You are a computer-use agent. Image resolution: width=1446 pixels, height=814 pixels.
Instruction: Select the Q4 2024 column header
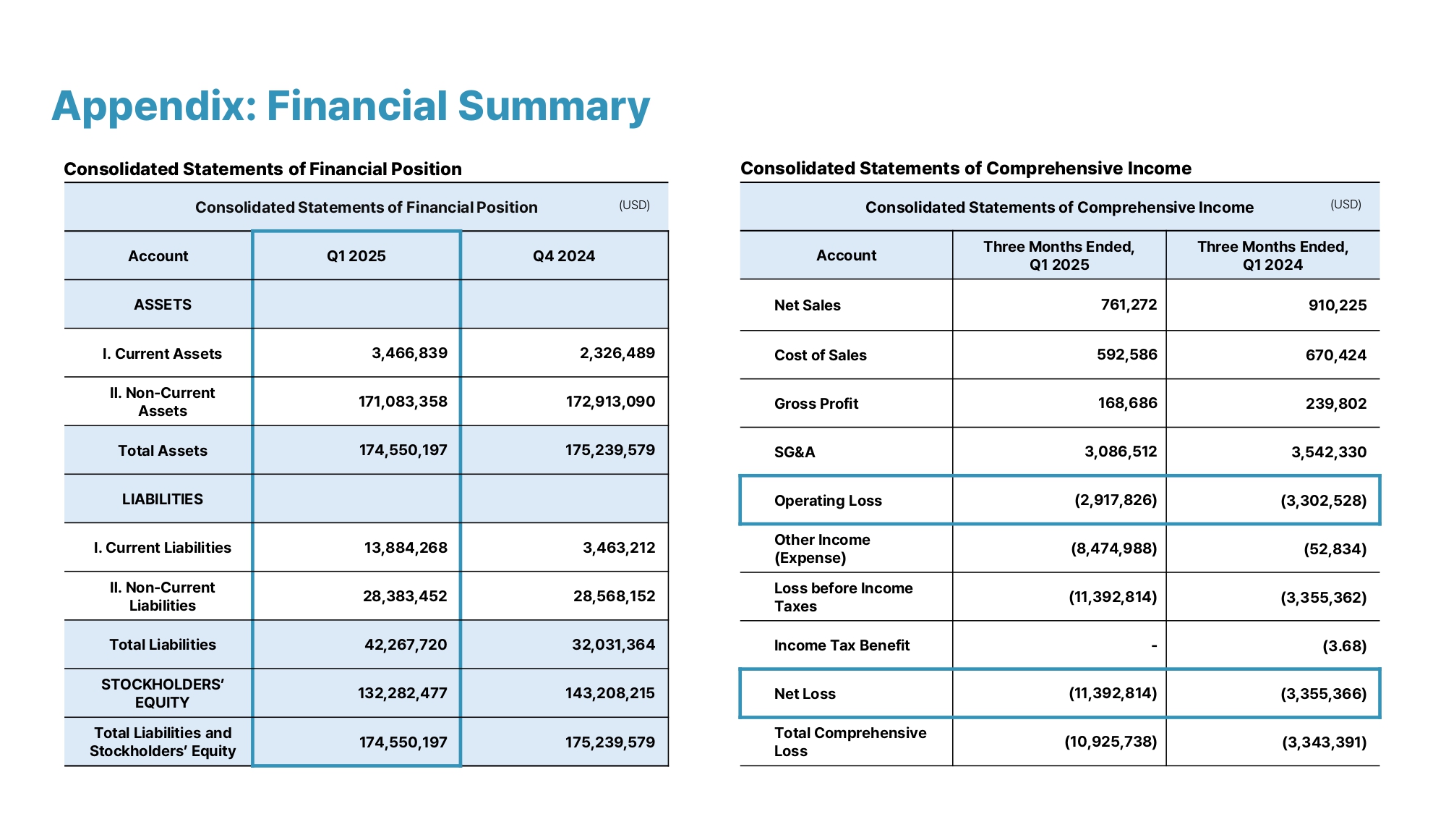(x=564, y=256)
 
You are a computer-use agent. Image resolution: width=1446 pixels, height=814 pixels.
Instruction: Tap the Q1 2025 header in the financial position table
(x=356, y=256)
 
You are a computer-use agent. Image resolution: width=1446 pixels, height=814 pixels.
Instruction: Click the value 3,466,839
(x=409, y=353)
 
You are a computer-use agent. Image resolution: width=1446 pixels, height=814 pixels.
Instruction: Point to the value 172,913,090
(x=610, y=402)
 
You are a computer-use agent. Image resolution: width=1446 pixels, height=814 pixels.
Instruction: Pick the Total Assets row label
(x=163, y=451)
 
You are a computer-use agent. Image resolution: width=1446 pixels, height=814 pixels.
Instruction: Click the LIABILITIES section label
(x=163, y=499)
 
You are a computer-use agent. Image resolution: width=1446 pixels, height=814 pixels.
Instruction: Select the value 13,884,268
(x=406, y=548)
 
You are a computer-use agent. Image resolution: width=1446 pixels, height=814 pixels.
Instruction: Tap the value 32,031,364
(x=613, y=645)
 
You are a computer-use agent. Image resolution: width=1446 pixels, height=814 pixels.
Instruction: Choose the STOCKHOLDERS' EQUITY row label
(x=163, y=693)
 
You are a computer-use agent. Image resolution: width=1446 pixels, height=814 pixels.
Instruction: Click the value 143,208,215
(x=610, y=693)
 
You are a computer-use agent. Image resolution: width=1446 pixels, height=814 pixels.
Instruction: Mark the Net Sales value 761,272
(x=1129, y=305)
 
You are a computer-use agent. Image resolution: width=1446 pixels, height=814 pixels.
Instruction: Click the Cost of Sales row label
(x=820, y=355)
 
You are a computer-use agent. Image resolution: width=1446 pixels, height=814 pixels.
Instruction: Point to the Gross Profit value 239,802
(x=1336, y=404)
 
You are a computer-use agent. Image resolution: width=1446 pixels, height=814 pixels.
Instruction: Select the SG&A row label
(x=795, y=452)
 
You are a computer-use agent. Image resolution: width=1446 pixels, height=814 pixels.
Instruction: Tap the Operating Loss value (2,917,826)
(x=1116, y=500)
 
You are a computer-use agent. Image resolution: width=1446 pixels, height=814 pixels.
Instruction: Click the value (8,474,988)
(x=1113, y=548)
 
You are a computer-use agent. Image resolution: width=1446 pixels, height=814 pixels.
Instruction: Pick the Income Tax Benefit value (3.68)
(x=1344, y=645)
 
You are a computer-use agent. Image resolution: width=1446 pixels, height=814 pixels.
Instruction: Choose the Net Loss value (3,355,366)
(x=1323, y=694)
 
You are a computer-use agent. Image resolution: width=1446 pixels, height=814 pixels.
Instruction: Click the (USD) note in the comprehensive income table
(x=1346, y=205)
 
